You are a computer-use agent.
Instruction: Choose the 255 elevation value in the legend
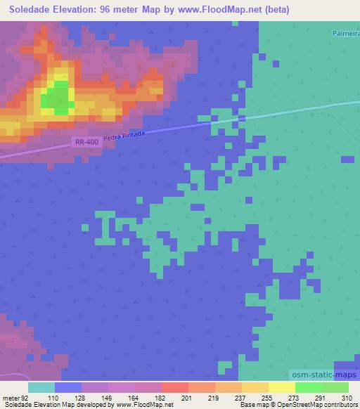[257, 397]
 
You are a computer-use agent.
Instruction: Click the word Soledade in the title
[33, 10]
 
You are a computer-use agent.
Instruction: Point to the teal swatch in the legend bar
[41, 387]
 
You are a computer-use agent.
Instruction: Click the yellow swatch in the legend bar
[281, 387]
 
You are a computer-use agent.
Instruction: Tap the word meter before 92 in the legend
[11, 397]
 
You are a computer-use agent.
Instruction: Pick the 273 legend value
[283, 397]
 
